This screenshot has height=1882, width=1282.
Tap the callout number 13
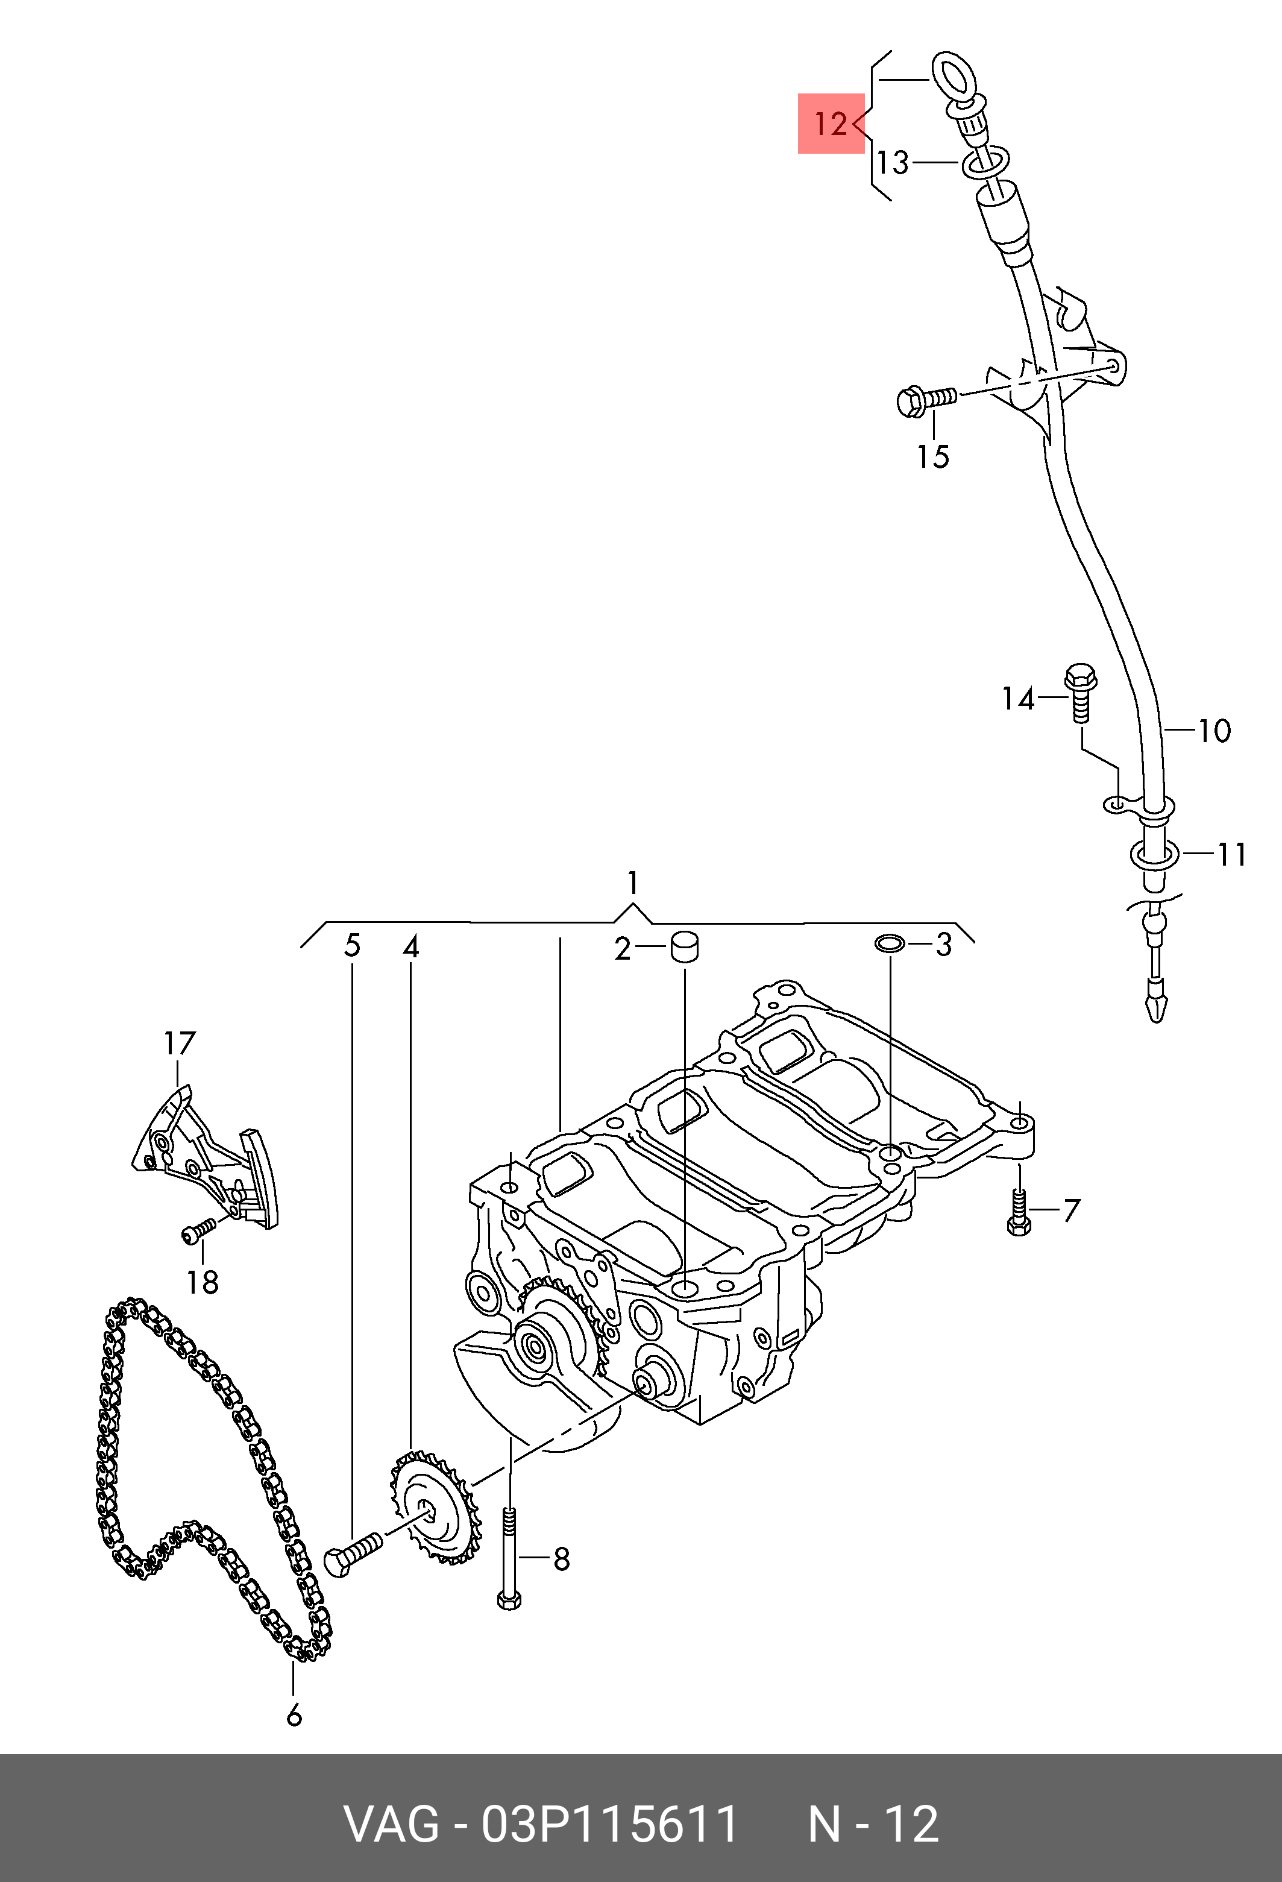(893, 163)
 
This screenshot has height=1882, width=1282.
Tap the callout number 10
(1213, 731)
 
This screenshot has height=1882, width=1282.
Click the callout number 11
(1232, 854)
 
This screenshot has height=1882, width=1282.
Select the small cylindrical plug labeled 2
(684, 948)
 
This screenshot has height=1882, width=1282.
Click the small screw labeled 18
(198, 1231)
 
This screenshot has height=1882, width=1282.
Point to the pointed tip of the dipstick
(1157, 1021)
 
